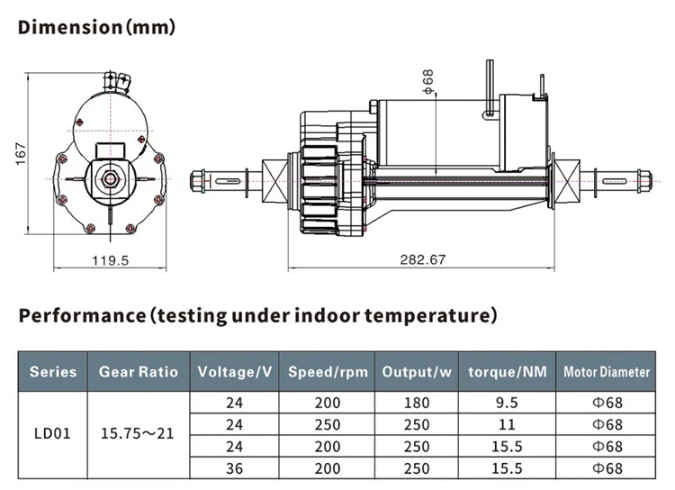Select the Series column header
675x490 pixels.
click(53, 371)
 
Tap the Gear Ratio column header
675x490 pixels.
click(139, 371)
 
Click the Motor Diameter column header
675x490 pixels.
click(607, 371)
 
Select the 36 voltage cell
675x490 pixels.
click(235, 467)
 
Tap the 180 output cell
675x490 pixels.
click(415, 403)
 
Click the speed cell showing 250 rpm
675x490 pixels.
click(327, 423)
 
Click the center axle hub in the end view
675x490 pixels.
click(110, 178)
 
